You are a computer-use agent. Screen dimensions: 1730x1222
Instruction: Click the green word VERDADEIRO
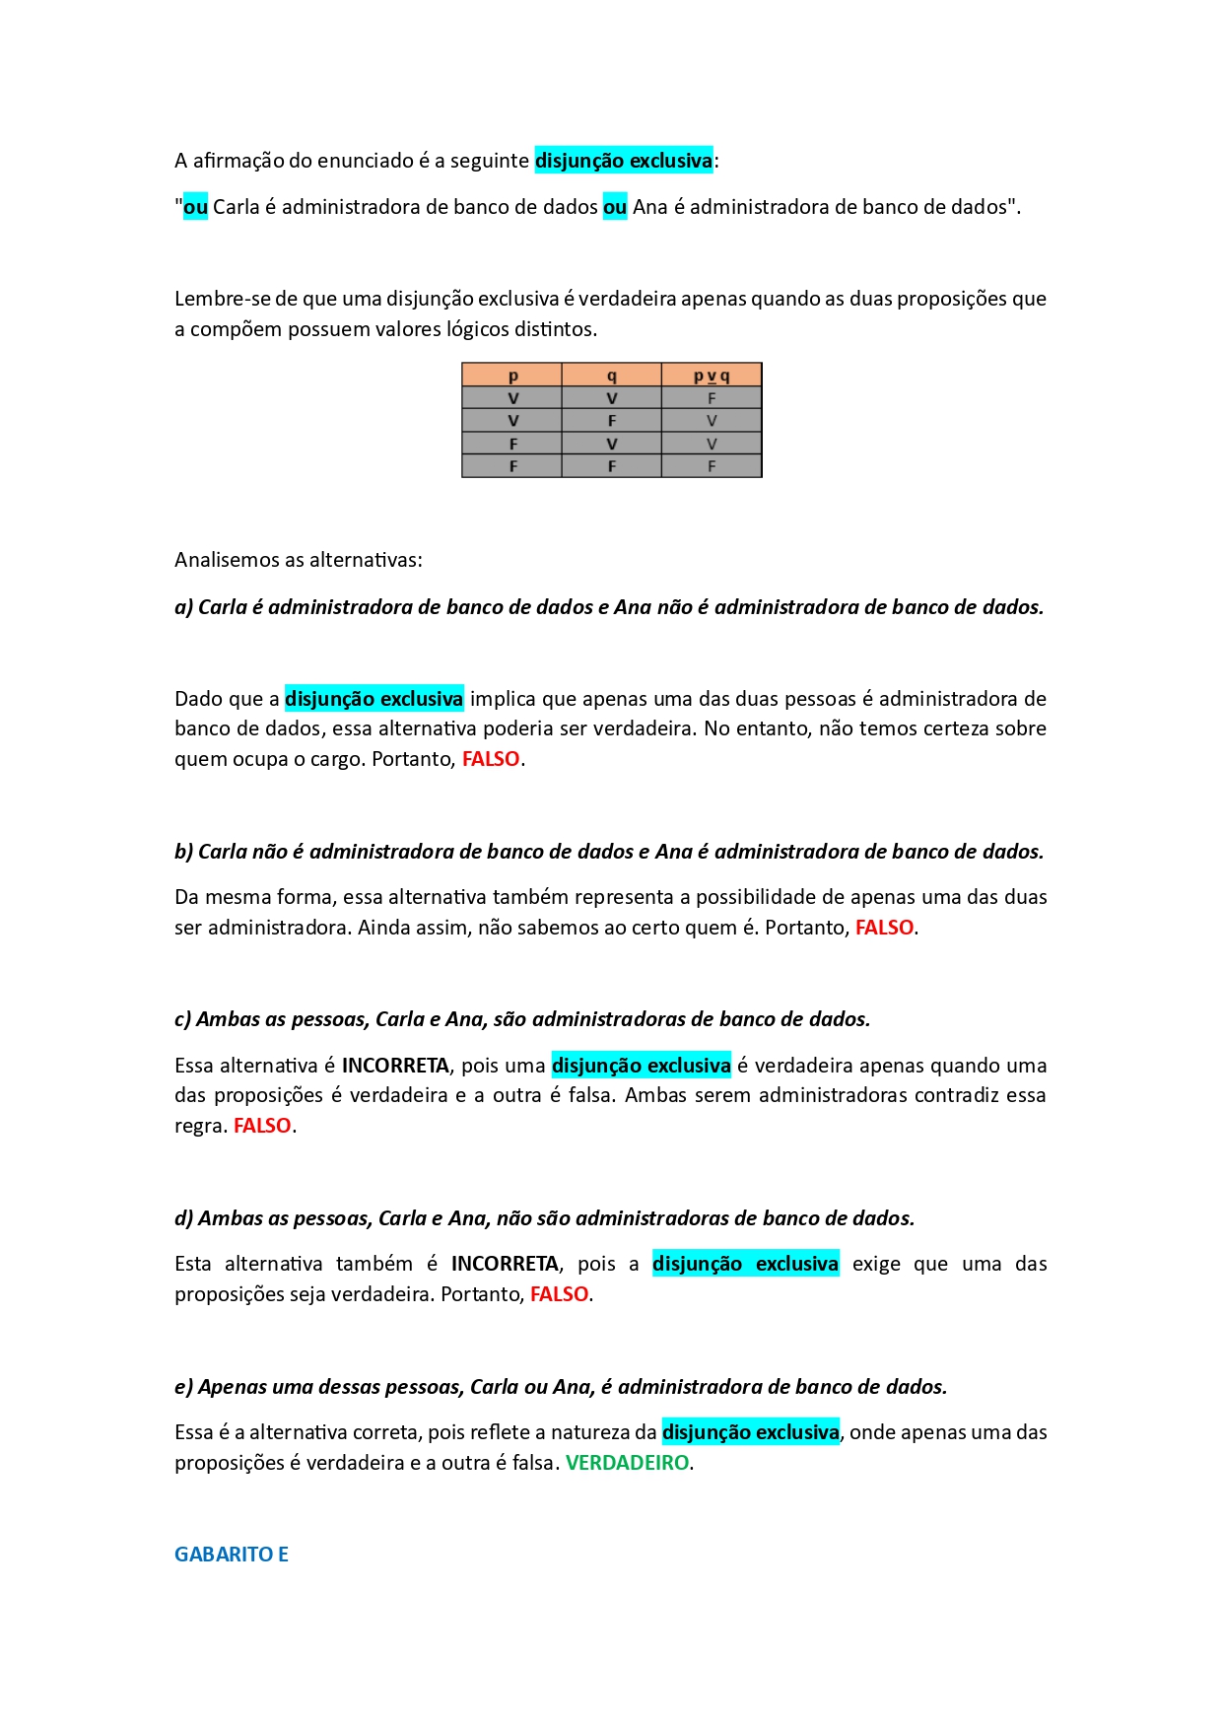[x=627, y=1463]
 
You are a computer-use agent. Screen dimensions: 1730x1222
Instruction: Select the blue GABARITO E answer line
[x=232, y=1555]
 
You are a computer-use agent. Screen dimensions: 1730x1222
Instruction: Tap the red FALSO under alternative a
[x=491, y=759]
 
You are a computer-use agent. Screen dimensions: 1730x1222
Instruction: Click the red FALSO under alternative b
[x=884, y=928]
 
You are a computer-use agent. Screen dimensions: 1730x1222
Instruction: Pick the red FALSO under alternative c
[x=262, y=1126]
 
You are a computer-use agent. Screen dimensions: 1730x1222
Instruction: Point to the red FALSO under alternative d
[x=559, y=1294]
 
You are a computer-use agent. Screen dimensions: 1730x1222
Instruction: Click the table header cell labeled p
[x=512, y=376]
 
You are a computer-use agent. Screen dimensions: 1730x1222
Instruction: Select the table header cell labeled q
[x=612, y=376]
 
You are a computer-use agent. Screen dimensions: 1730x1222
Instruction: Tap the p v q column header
[x=712, y=376]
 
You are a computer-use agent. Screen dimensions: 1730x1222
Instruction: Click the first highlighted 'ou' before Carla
[x=196, y=207]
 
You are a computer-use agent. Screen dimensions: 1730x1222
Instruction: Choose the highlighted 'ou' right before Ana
[x=615, y=207]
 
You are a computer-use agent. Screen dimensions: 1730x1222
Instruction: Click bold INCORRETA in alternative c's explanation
[x=395, y=1066]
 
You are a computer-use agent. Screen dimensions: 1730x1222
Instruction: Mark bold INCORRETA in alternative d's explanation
[x=505, y=1264]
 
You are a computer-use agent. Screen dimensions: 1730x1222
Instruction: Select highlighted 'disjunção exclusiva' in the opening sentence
[x=623, y=161]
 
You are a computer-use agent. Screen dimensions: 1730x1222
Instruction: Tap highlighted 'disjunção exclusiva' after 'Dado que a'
[x=373, y=699]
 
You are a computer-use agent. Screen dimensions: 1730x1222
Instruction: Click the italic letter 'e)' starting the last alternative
[x=184, y=1387]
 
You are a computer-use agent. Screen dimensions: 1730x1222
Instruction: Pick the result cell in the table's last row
[x=712, y=466]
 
